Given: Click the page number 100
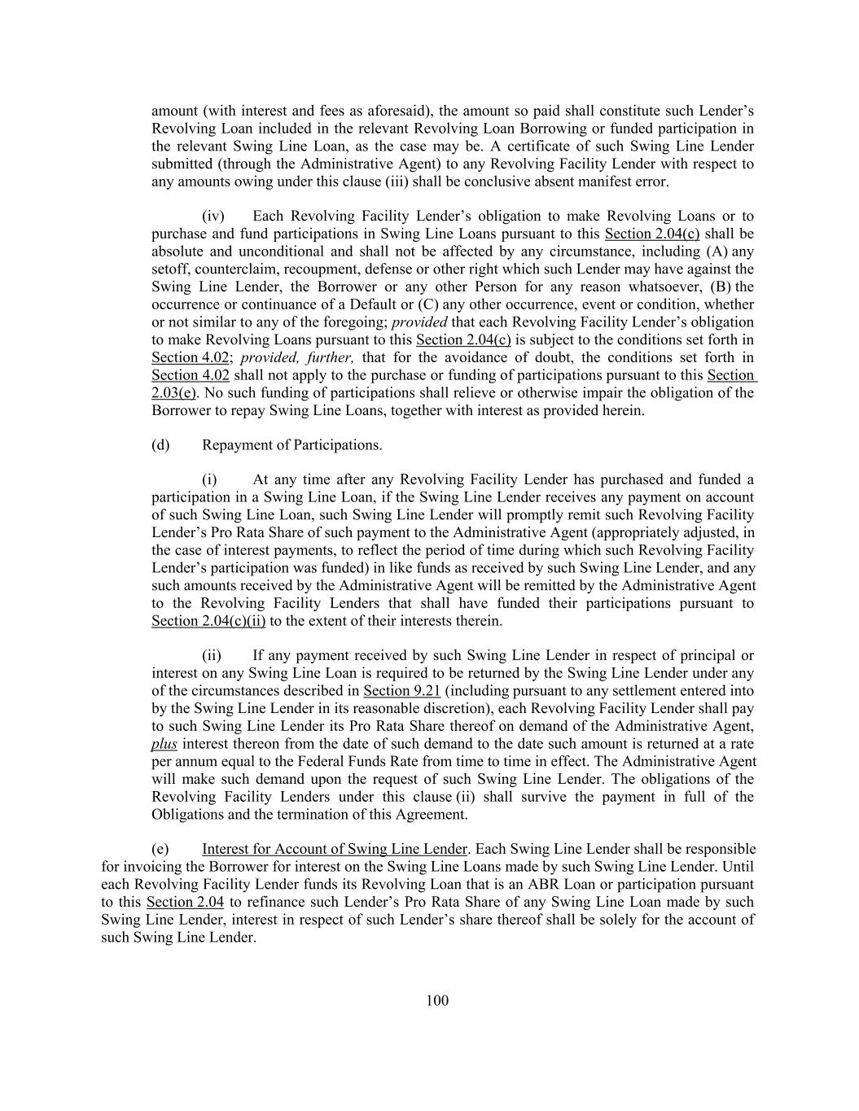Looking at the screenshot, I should pos(437,1000).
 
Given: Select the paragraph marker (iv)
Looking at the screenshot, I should pos(213,216).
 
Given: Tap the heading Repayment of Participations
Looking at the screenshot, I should pos(291,445).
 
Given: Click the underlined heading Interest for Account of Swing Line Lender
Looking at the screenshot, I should pos(335,849).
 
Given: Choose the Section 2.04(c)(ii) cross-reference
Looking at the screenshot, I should pos(208,621).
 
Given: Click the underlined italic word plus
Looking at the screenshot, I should pos(164,744).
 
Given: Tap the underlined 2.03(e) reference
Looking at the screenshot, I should pos(173,392).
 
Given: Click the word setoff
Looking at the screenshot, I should pos(169,269).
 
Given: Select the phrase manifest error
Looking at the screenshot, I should pos(629,182).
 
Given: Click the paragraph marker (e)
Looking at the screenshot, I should pos(160,849).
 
